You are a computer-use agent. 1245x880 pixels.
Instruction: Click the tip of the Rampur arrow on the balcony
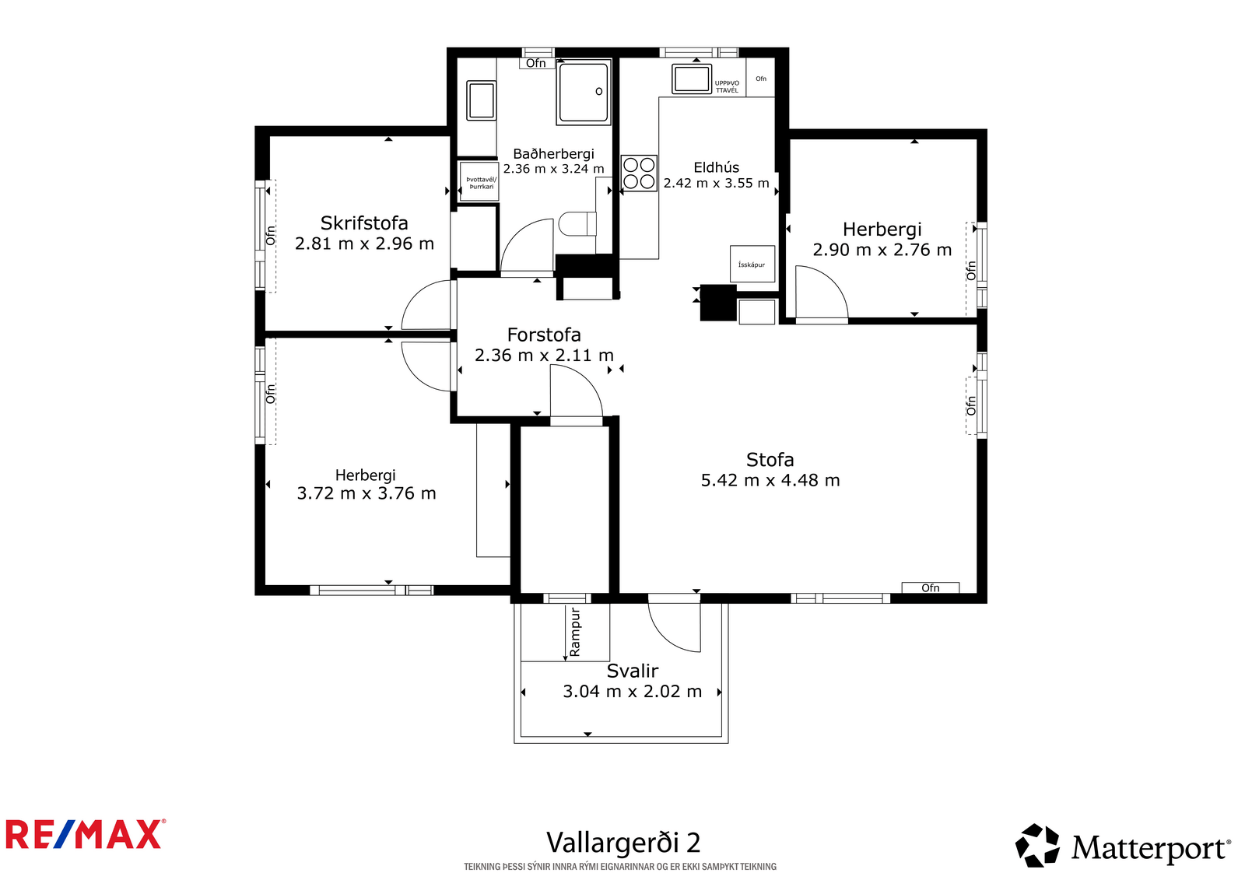point(565,661)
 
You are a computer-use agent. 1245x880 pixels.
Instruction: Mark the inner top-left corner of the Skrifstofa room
point(270,137)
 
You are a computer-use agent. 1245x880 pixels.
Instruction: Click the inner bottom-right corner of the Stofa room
point(977,593)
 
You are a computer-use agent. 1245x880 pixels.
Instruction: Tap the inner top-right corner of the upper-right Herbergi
point(977,139)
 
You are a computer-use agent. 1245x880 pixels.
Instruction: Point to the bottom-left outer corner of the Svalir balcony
point(514,743)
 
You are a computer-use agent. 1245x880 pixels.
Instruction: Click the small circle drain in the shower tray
point(598,92)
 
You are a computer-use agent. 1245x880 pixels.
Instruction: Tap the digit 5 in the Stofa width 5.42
point(706,480)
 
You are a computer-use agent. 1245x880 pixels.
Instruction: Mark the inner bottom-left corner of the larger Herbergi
point(265,585)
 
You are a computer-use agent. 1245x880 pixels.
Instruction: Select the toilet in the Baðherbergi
point(577,224)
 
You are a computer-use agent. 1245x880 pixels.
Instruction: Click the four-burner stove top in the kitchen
point(639,174)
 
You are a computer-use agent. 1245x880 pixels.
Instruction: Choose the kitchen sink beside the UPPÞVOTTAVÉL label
point(692,79)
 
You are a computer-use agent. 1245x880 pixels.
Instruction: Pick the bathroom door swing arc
point(527,245)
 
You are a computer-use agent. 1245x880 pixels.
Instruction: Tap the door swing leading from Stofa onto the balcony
point(674,622)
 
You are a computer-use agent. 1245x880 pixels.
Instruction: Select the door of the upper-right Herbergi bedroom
point(822,293)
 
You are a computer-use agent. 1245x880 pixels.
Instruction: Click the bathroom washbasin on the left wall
point(482,100)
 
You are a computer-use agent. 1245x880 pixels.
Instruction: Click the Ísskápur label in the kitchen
point(752,265)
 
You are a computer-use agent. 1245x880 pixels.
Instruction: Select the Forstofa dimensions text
point(544,356)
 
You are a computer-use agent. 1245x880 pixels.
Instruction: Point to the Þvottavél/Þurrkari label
point(482,183)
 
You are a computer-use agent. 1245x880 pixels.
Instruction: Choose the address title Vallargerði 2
point(623,843)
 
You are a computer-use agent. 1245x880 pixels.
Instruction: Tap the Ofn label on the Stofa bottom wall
point(931,587)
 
